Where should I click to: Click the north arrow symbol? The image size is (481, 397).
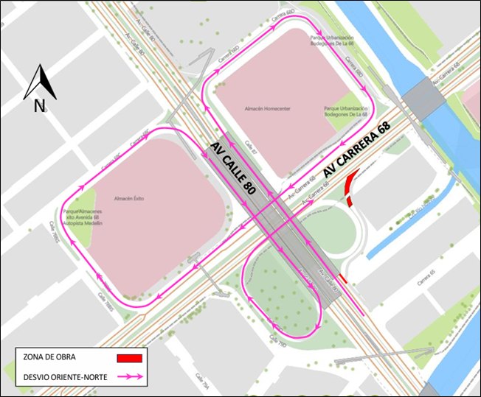coord(40,82)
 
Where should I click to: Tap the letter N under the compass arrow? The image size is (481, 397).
coord(39,106)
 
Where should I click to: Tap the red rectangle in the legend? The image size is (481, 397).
coord(129,358)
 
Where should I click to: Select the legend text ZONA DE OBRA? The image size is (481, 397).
coord(50,358)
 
